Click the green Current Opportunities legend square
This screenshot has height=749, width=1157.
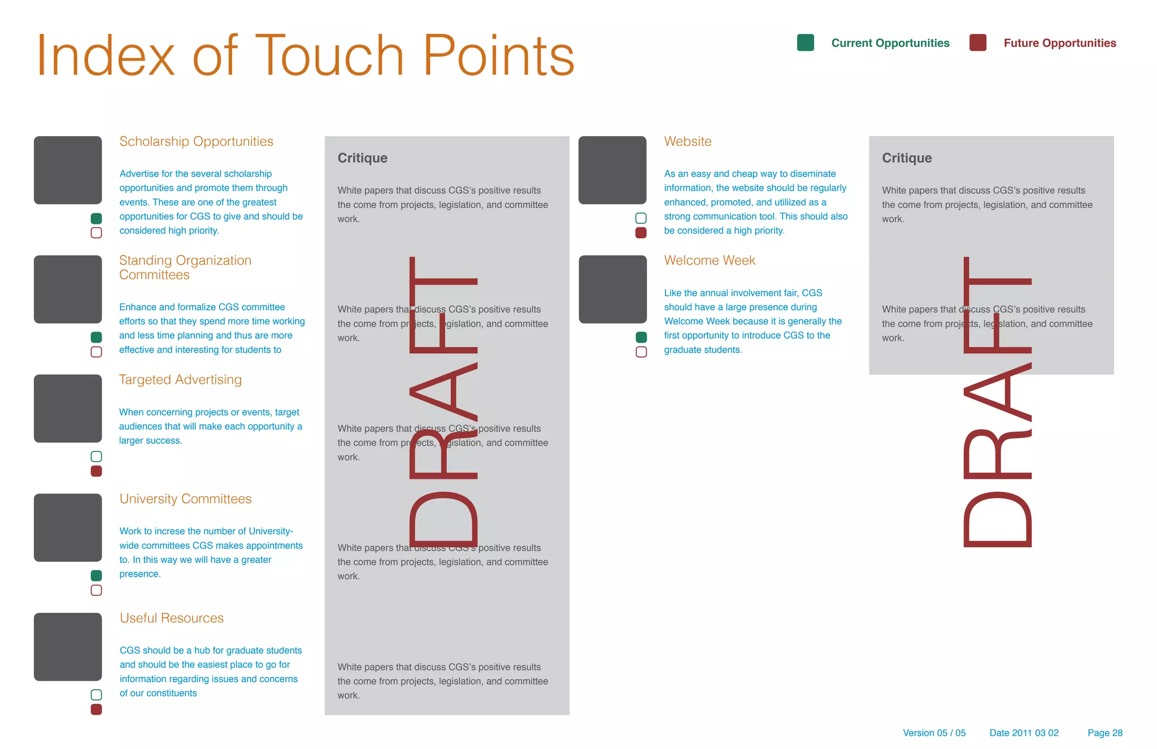(x=805, y=43)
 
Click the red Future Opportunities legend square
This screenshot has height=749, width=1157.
(x=977, y=43)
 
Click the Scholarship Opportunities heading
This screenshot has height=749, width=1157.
(x=196, y=141)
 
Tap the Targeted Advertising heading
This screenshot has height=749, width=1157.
(x=180, y=380)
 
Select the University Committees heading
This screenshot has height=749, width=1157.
(x=185, y=499)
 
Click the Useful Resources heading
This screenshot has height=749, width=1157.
(x=172, y=618)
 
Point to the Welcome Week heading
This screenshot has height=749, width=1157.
(x=710, y=261)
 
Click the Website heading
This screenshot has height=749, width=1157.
(x=688, y=141)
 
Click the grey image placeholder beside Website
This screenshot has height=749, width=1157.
(x=612, y=170)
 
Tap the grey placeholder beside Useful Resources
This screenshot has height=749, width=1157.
(x=68, y=647)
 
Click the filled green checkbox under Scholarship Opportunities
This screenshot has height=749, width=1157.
(x=97, y=218)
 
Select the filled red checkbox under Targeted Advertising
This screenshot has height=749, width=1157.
(x=97, y=471)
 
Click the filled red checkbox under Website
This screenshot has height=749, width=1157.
(x=641, y=233)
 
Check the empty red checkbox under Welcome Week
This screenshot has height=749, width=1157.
(x=641, y=352)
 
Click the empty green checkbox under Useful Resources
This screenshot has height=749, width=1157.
(x=97, y=695)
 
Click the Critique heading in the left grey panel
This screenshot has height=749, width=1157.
(x=362, y=158)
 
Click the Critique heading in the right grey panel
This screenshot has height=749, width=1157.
(x=907, y=158)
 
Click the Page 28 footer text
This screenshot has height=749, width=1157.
(x=1104, y=733)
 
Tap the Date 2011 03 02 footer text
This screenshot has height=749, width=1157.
(x=1024, y=733)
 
